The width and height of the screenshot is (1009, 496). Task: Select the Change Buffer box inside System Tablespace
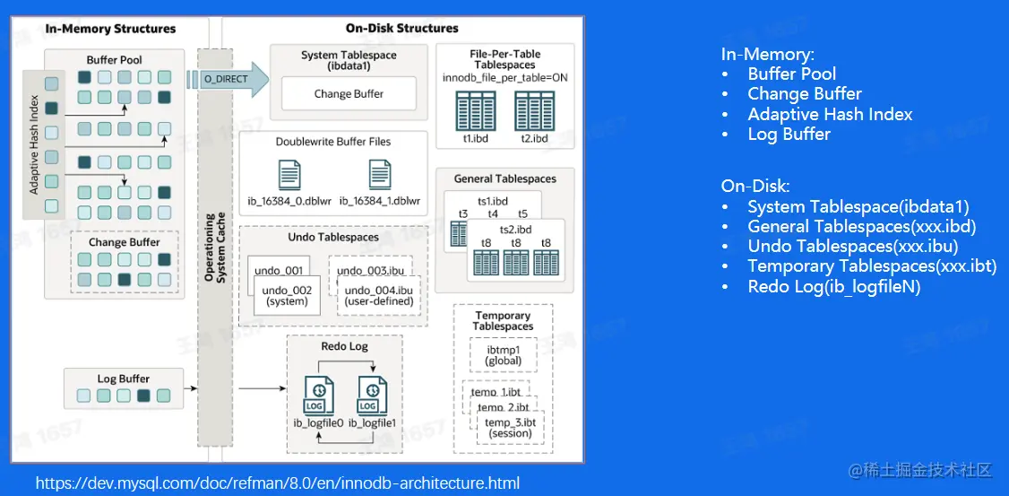[x=349, y=94]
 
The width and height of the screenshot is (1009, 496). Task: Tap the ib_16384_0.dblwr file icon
[x=289, y=174]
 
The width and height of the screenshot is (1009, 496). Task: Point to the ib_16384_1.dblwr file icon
[x=379, y=174]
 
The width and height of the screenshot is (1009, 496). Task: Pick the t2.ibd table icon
[x=534, y=110]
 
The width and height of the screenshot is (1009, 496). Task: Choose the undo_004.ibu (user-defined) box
[x=379, y=295]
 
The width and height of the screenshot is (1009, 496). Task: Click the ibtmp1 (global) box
[x=503, y=354]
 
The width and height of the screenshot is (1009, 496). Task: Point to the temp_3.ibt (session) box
[x=510, y=427]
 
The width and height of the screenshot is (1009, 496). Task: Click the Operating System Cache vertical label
[x=215, y=248]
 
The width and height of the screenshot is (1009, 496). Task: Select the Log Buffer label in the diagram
[x=123, y=379]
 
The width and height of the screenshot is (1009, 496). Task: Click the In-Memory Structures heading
[x=111, y=29]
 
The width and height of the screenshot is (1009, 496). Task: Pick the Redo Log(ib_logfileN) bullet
[x=833, y=287]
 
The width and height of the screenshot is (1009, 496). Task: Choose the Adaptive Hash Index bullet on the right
[x=830, y=114]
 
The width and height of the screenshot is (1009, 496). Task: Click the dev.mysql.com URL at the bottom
[x=277, y=483]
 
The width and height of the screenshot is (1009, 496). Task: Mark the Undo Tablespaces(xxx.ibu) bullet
[x=852, y=247]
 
